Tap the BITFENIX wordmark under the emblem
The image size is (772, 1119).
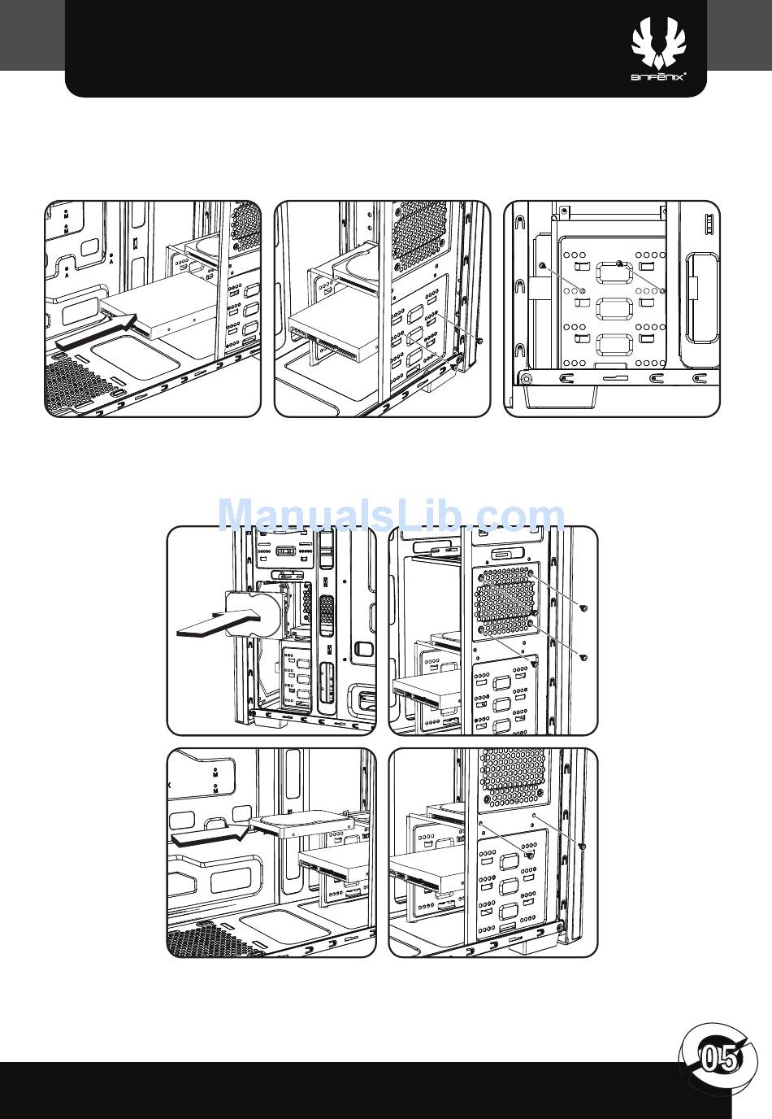(659, 77)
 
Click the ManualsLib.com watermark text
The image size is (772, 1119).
(393, 516)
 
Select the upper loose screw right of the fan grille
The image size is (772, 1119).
(585, 608)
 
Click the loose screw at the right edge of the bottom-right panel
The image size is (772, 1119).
(583, 847)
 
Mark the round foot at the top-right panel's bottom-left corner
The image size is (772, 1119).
(527, 378)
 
